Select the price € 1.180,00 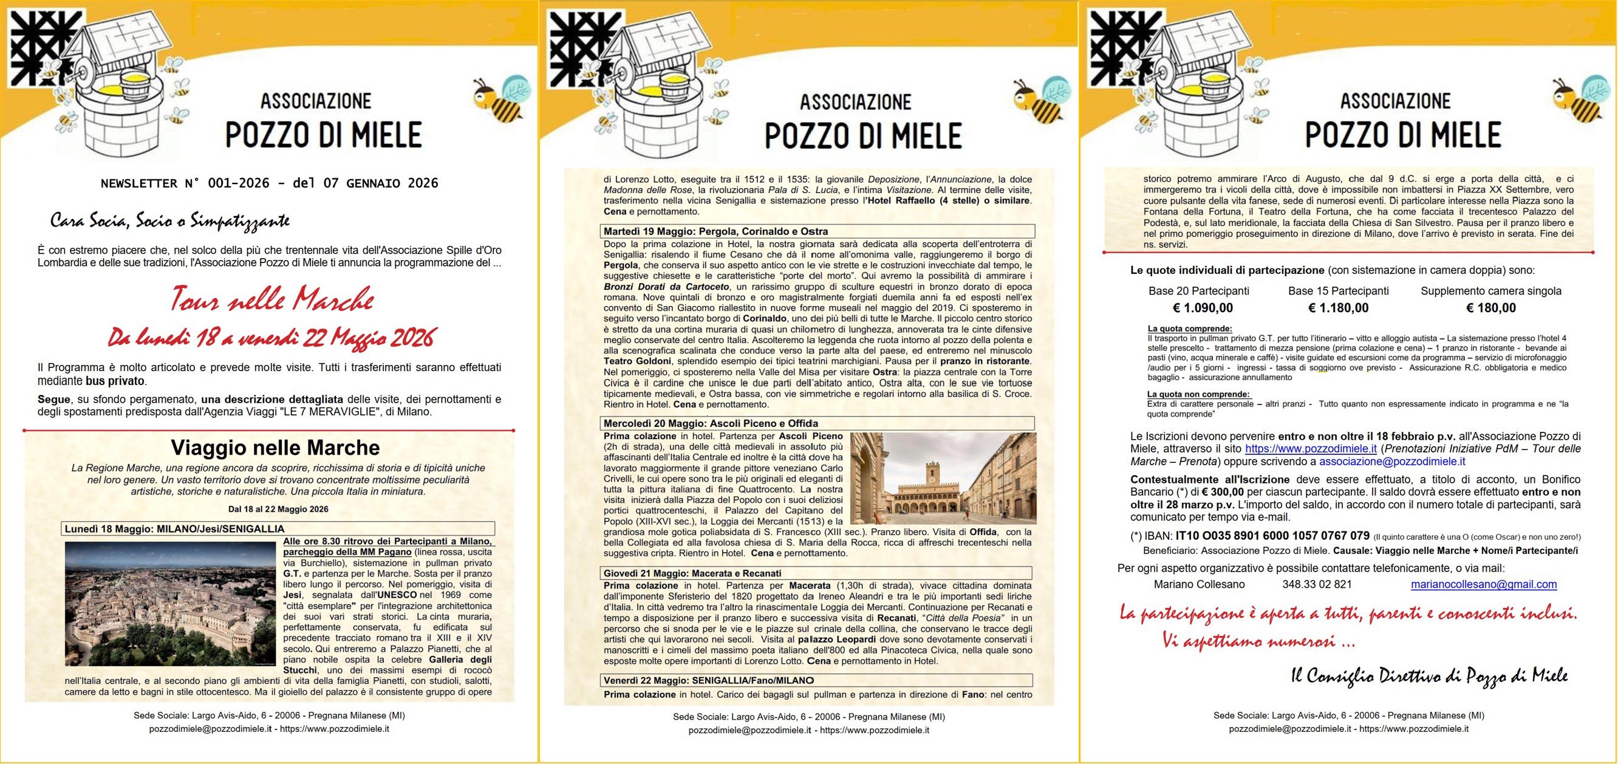tap(1338, 308)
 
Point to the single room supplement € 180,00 tap(1490, 308)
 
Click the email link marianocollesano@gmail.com tap(1484, 584)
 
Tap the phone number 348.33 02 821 tap(1317, 584)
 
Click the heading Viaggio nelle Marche tap(275, 448)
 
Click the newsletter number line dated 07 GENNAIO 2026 tap(270, 183)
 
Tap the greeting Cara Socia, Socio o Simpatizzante tap(169, 220)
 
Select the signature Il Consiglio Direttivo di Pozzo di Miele tap(1429, 675)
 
